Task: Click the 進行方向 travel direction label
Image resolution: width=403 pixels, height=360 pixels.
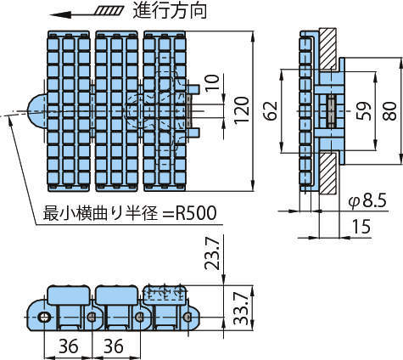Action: click(170, 10)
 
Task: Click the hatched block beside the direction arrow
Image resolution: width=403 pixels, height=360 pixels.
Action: click(109, 11)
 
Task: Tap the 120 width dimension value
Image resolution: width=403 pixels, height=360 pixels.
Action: click(242, 110)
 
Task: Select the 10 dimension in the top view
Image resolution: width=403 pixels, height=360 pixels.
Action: click(213, 82)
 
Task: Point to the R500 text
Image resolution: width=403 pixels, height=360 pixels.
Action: click(196, 213)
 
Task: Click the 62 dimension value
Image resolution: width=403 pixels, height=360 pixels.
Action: click(271, 110)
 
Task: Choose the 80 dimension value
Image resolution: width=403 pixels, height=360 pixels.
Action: click(389, 110)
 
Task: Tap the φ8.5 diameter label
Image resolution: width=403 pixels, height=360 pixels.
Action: click(367, 200)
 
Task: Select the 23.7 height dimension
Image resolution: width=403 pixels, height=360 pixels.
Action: click(212, 253)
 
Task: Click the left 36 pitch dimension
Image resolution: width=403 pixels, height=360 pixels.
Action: click(69, 346)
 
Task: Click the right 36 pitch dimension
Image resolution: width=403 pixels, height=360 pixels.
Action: click(114, 346)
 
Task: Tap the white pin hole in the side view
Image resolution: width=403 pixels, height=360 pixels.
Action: click(44, 317)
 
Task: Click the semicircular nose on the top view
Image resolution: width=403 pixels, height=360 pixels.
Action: click(37, 112)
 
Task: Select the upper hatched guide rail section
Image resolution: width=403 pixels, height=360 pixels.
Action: click(327, 48)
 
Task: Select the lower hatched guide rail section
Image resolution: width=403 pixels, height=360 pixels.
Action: click(327, 172)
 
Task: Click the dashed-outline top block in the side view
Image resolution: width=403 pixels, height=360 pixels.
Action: click(165, 295)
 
